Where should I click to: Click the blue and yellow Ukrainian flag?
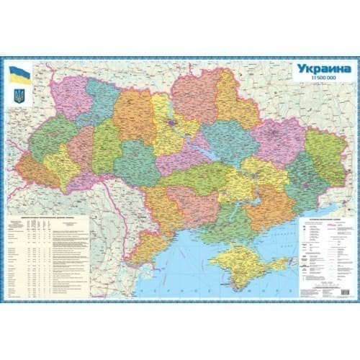tap(19, 73)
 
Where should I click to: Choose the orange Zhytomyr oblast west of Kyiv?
tap(133, 115)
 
